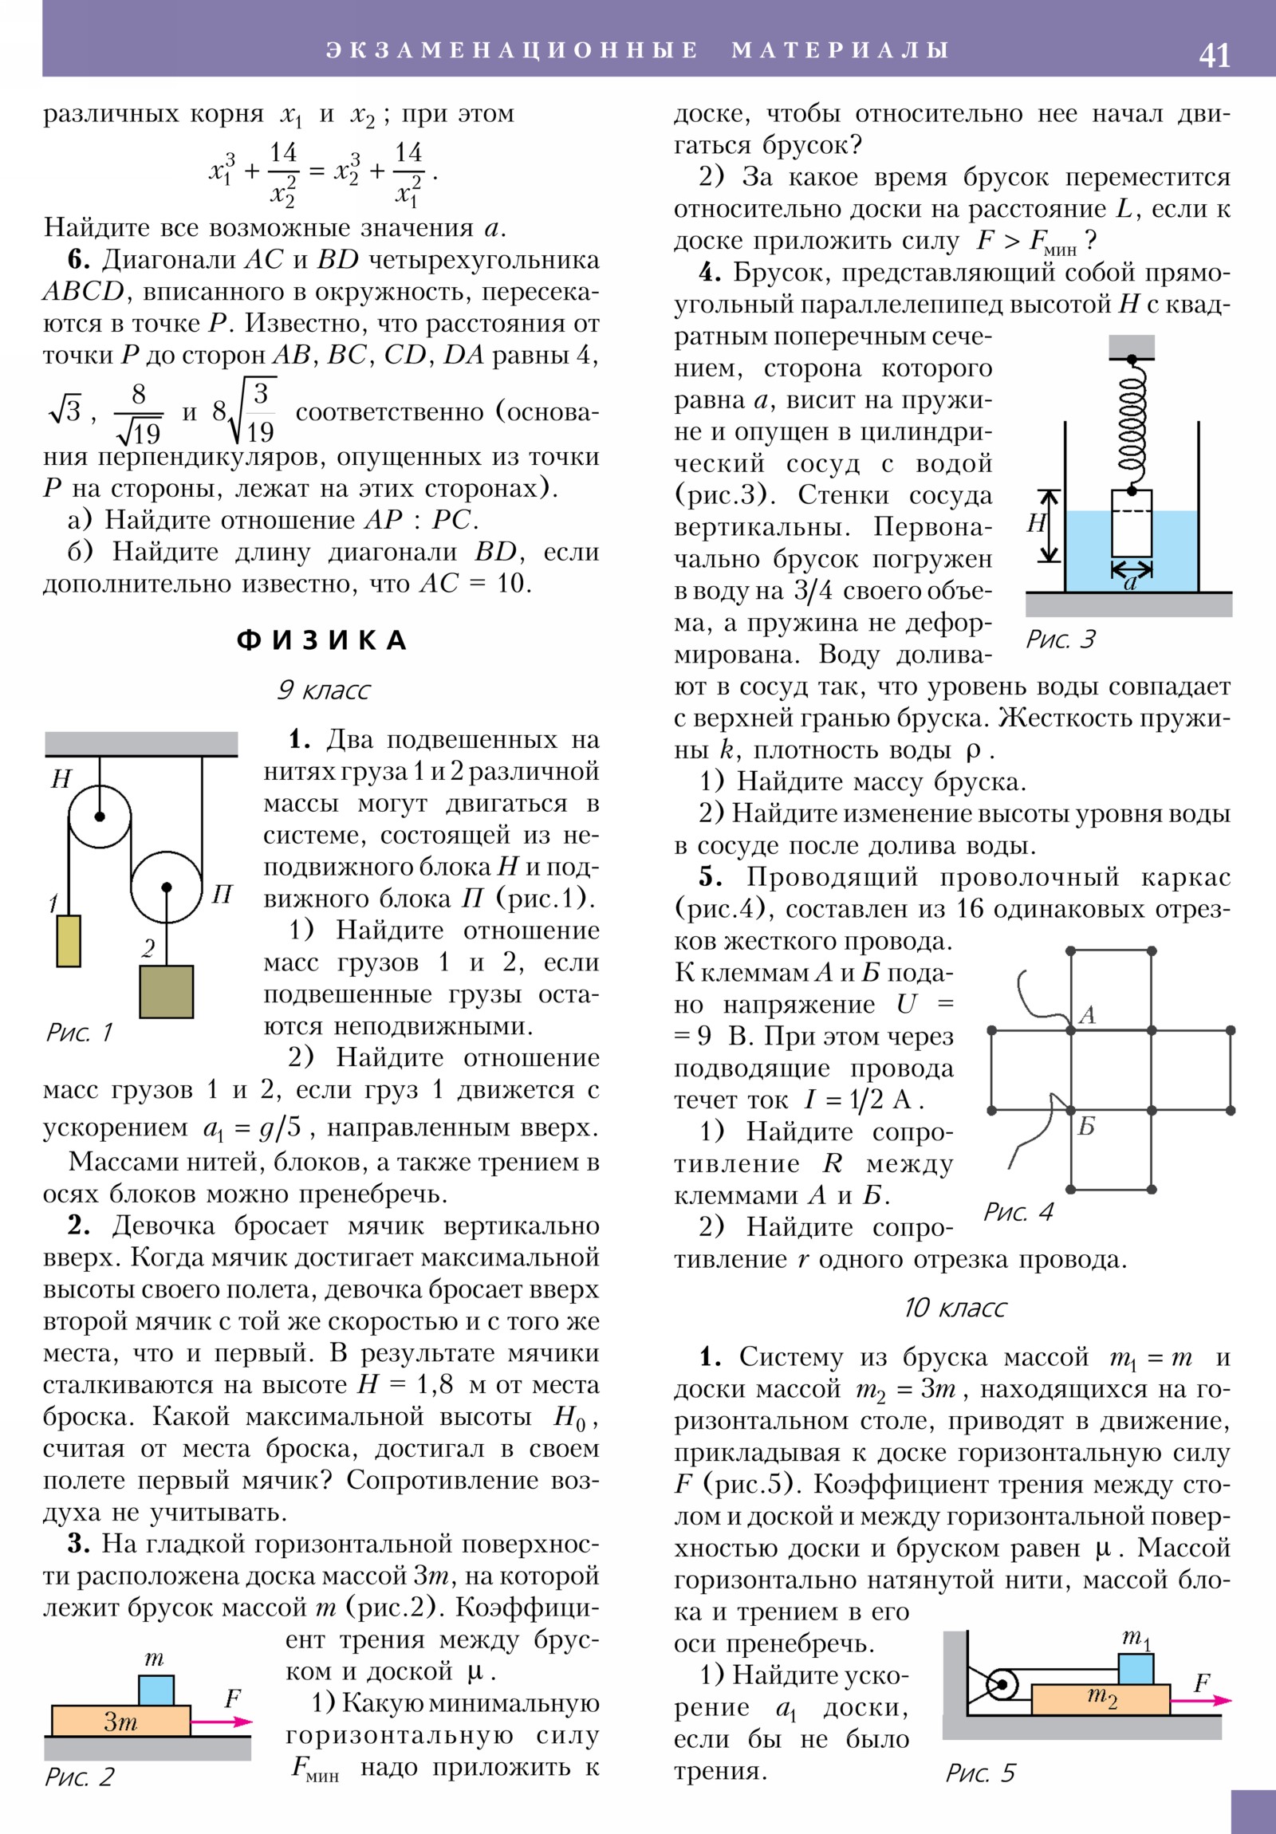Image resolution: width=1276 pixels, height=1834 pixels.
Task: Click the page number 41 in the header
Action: pyautogui.click(x=1214, y=56)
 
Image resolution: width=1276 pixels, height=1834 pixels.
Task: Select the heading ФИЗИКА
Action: pyautogui.click(x=321, y=640)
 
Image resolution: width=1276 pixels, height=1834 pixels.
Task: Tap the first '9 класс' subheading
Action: pyautogui.click(x=323, y=690)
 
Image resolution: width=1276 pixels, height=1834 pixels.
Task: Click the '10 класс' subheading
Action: pyautogui.click(x=955, y=1308)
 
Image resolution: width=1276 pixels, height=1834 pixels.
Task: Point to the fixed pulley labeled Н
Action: pyautogui.click(x=100, y=817)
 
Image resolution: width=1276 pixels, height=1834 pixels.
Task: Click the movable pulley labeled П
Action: pyautogui.click(x=166, y=887)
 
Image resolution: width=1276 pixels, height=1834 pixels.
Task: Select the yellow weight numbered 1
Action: pyautogui.click(x=69, y=941)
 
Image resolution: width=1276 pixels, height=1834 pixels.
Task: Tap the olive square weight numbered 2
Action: pyautogui.click(x=166, y=991)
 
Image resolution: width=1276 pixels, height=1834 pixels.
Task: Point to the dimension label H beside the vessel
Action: pyautogui.click(x=1036, y=523)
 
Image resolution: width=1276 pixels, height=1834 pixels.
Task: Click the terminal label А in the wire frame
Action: pyautogui.click(x=1087, y=1015)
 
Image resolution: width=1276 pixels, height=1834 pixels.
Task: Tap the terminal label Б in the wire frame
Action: pyautogui.click(x=1087, y=1126)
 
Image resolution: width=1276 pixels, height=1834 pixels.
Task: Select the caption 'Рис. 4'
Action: pyautogui.click(x=1017, y=1213)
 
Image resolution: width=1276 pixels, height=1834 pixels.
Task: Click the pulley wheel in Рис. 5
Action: pyautogui.click(x=1001, y=1686)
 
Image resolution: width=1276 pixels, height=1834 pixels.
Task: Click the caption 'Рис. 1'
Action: pyautogui.click(x=79, y=1033)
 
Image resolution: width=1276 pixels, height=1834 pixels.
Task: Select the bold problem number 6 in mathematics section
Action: pyautogui.click(x=77, y=261)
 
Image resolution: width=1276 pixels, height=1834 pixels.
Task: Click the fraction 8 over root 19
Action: pyautogui.click(x=139, y=414)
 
